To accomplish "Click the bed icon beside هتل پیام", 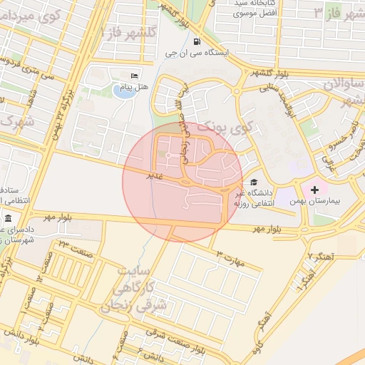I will [135, 76].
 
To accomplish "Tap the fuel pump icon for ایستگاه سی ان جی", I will [197, 42].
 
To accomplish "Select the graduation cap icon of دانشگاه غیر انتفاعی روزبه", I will [255, 182].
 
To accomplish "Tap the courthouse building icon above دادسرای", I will [8, 218].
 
